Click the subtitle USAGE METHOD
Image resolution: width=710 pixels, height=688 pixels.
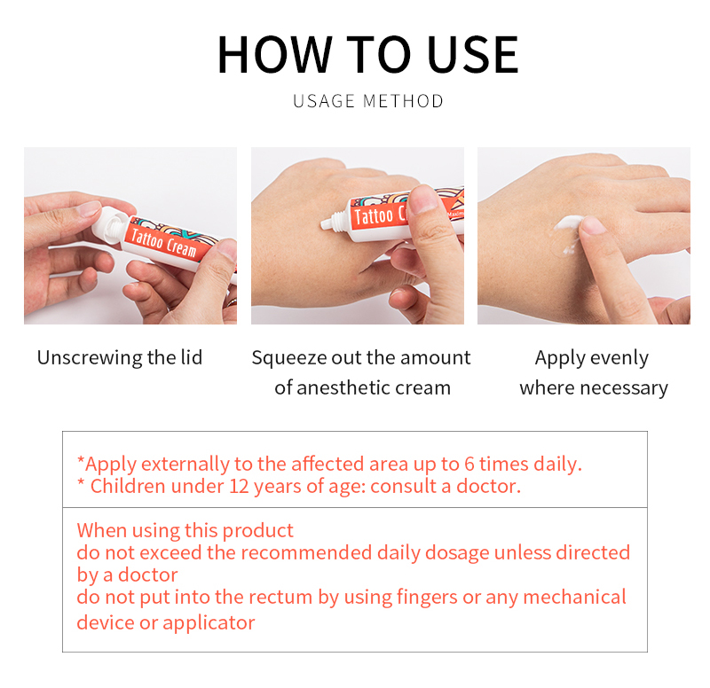pos(367,101)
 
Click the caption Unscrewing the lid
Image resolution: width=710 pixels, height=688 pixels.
pos(120,357)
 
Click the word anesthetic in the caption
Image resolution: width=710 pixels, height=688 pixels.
pos(340,387)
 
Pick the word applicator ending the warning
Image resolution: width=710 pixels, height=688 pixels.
pos(210,622)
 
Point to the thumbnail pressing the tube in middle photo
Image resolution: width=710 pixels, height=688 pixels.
pos(422,200)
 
